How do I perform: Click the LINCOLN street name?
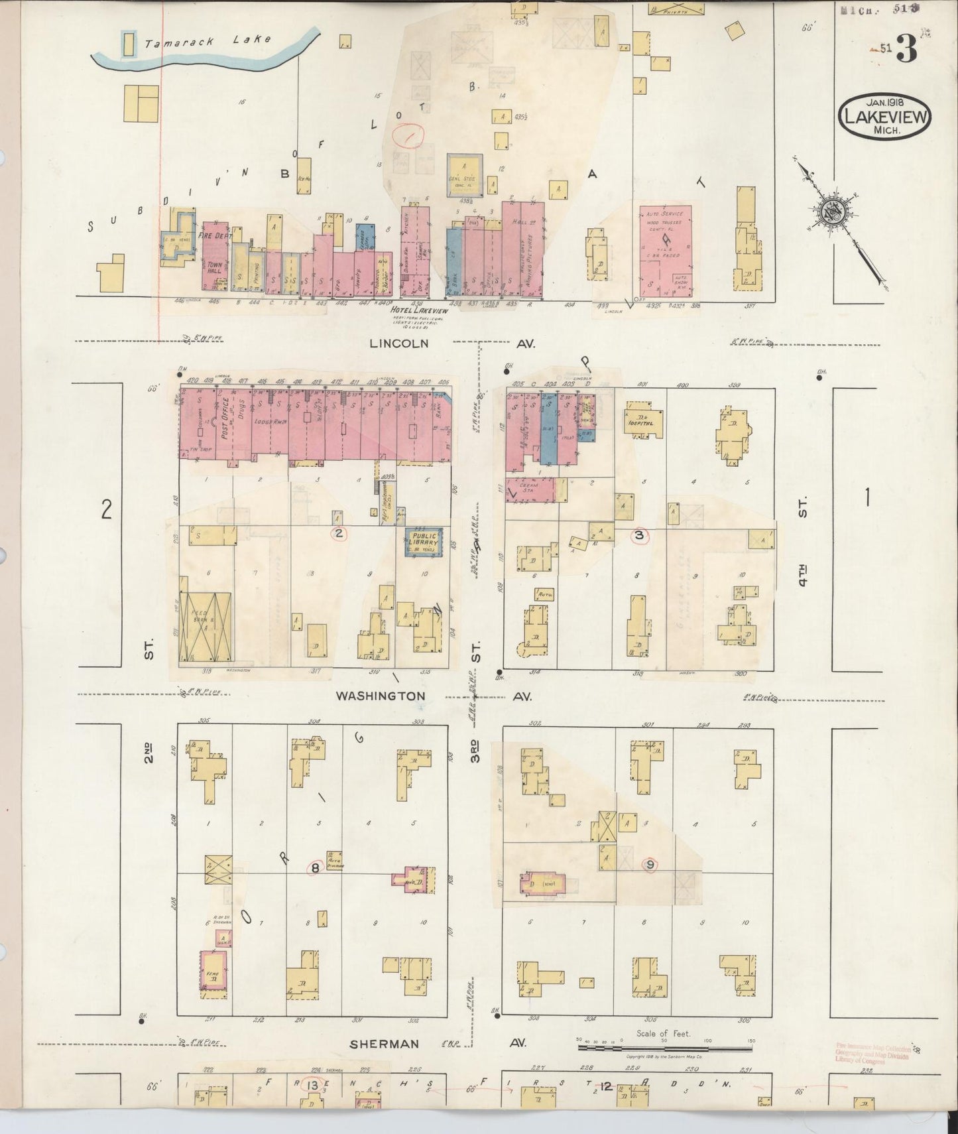(x=399, y=344)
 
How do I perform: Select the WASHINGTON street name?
(x=380, y=696)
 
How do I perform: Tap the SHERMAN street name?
(x=385, y=1044)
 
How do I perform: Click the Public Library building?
(x=424, y=542)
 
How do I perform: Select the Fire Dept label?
(x=215, y=235)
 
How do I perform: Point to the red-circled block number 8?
(x=316, y=867)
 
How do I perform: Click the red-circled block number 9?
(x=650, y=865)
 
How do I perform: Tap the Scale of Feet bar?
(x=664, y=1048)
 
